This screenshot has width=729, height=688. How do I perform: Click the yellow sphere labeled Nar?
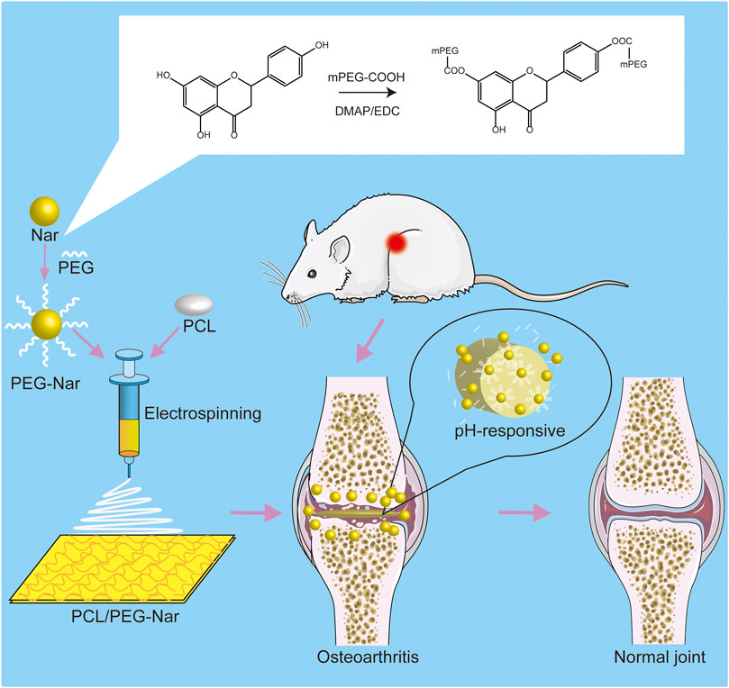43,213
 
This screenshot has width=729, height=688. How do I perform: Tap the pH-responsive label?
509,430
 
